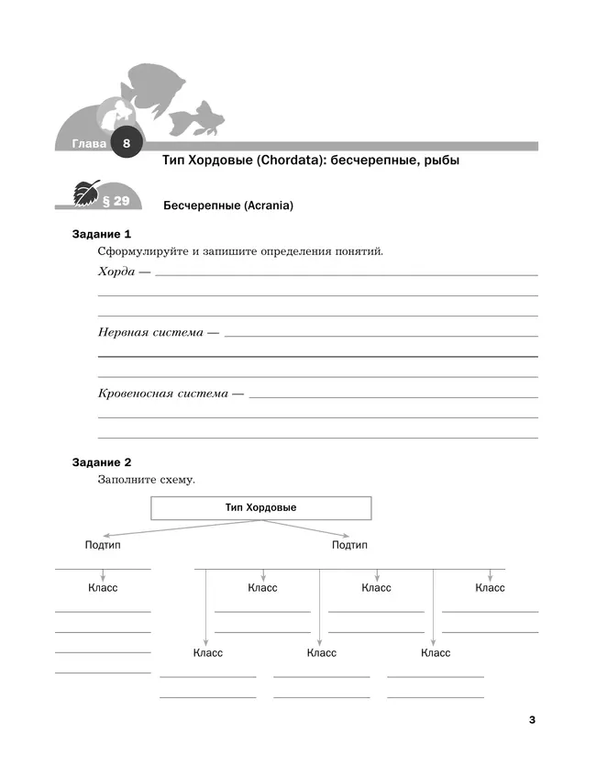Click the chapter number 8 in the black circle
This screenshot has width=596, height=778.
tap(127, 144)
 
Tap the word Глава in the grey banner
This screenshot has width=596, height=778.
tap(88, 145)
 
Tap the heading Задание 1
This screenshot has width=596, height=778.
tap(102, 234)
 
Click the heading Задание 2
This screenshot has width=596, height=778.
tap(102, 462)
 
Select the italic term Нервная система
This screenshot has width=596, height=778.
tap(150, 332)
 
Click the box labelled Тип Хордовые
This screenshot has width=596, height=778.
tap(260, 507)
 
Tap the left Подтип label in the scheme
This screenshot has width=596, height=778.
tap(103, 545)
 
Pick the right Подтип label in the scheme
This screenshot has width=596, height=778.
tap(349, 545)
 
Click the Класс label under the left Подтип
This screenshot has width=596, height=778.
tap(103, 587)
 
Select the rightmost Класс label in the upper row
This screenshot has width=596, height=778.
tap(490, 587)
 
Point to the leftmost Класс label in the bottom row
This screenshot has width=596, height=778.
tap(207, 653)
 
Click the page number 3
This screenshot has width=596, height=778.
tap(532, 719)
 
